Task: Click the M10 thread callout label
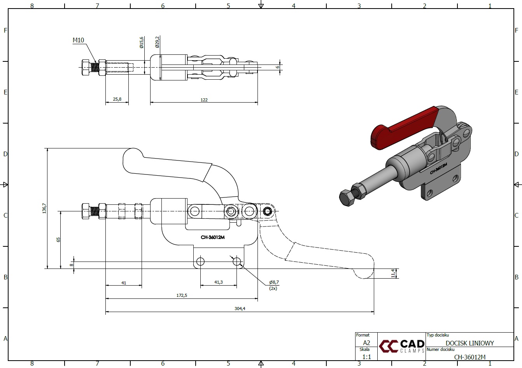coord(78,40)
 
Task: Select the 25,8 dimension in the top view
coord(117,99)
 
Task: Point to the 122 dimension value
coord(204,100)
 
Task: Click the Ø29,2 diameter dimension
coord(158,42)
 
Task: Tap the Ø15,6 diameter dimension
coord(142,42)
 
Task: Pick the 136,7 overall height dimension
coord(44,208)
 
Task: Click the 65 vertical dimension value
coord(58,240)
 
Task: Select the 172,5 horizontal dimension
coord(182,295)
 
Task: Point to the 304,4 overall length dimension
coord(240,309)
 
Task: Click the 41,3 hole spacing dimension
coord(219,282)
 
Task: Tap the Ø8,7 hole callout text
coord(274,282)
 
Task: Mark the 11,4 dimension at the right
coord(393,273)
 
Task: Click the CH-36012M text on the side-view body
coord(213,237)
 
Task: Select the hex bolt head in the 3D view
coord(347,198)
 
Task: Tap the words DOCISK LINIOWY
coord(469,343)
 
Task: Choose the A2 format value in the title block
coord(366,343)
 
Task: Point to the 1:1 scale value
coord(366,357)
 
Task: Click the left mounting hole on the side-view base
coord(200,261)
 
